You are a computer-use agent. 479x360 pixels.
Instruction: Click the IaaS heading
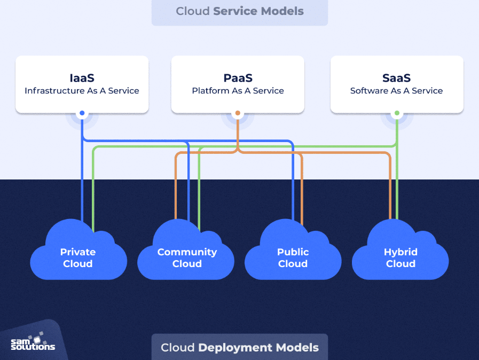point(82,78)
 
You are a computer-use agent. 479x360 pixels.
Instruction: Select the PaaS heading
point(238,78)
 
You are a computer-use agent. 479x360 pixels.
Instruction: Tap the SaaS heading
point(397,78)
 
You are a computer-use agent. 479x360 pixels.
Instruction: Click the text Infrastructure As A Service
point(82,91)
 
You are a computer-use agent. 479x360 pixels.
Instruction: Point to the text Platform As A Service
point(238,91)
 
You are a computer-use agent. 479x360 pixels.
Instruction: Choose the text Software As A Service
point(397,91)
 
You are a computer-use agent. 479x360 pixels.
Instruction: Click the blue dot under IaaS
point(82,113)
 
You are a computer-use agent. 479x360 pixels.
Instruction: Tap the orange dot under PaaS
point(238,113)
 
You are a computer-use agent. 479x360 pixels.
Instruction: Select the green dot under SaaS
point(397,113)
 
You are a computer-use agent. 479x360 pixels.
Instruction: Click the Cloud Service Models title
point(240,11)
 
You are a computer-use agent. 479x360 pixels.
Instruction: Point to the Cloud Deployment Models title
point(240,348)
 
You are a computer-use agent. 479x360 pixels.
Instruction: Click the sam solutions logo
point(33,342)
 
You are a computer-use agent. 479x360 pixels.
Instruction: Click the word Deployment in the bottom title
point(235,348)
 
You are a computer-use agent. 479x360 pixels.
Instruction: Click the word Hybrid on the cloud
point(401,252)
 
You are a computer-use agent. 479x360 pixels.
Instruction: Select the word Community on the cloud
point(187,252)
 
